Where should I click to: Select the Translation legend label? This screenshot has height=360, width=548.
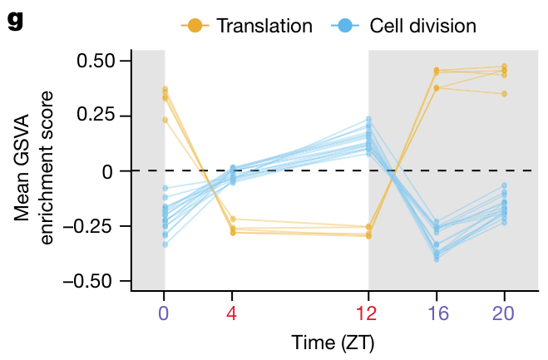click(x=264, y=26)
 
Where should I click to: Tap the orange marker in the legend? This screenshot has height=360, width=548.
click(x=195, y=26)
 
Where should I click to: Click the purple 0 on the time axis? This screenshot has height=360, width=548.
click(x=164, y=313)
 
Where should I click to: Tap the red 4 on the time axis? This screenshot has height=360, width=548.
click(x=232, y=313)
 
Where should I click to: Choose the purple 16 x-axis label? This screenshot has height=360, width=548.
click(x=437, y=313)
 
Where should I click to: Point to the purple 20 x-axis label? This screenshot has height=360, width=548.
click(x=504, y=313)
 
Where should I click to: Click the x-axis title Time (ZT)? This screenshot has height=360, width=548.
click(x=333, y=342)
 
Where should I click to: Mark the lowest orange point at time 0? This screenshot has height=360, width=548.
click(x=165, y=120)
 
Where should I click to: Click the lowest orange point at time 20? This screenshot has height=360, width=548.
click(x=504, y=94)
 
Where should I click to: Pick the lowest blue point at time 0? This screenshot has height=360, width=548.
click(x=165, y=244)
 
